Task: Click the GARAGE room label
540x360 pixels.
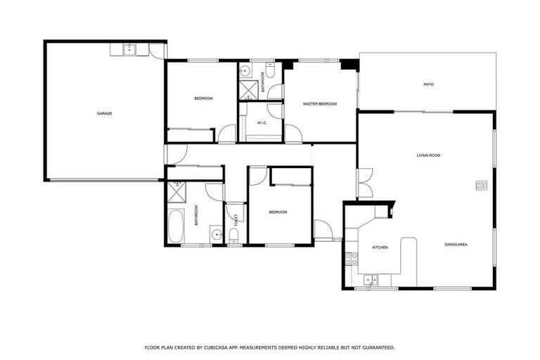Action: (105, 113)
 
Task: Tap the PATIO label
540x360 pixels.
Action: (428, 84)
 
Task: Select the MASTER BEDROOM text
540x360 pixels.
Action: (320, 104)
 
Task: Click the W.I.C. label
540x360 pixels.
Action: (261, 123)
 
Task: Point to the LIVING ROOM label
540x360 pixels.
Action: (428, 155)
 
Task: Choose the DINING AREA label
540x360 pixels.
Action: (456, 245)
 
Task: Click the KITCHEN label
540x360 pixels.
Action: (380, 247)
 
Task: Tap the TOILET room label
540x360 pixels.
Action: (236, 219)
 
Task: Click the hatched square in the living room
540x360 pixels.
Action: (481, 186)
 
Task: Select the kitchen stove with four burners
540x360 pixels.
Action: (351, 258)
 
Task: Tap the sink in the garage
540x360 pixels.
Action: (129, 49)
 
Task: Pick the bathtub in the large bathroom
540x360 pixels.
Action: (176, 226)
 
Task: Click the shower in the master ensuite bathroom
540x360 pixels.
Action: (247, 89)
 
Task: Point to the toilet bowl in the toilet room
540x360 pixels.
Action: (234, 235)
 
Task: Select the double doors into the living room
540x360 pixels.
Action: (364, 183)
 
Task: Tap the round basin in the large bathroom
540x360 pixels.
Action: (216, 233)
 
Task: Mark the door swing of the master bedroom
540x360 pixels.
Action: (292, 133)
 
